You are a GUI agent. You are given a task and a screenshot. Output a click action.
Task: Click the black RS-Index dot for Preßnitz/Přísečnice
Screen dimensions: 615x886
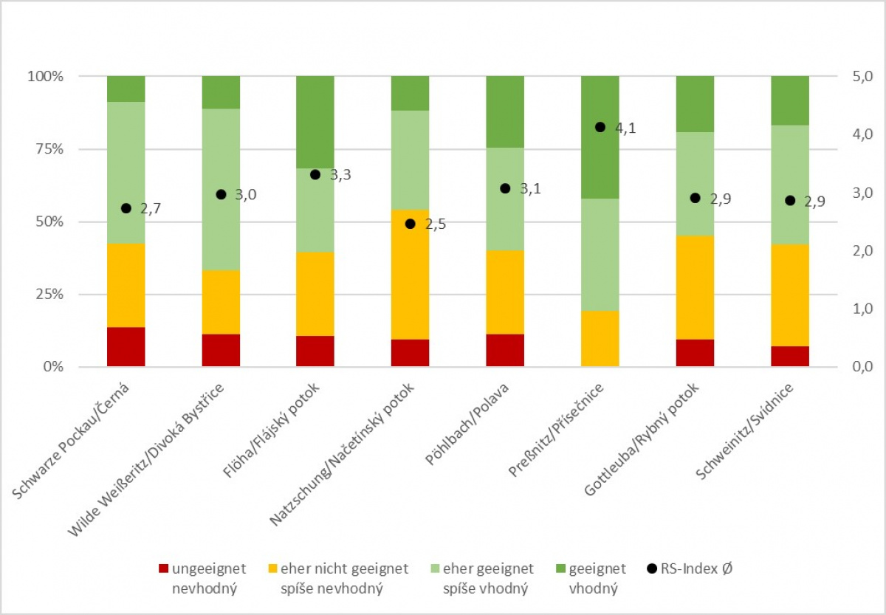(600, 127)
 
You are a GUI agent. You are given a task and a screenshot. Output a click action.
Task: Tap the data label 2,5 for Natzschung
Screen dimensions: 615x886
(436, 224)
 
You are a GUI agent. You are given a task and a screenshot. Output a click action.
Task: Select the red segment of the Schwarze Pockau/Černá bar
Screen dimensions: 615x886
(126, 346)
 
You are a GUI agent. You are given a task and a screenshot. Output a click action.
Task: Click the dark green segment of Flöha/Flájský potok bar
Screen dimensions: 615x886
(315, 122)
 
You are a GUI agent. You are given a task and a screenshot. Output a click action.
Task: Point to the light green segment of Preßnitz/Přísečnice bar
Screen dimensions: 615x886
(600, 254)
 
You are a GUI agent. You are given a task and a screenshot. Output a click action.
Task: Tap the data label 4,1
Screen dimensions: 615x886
(626, 127)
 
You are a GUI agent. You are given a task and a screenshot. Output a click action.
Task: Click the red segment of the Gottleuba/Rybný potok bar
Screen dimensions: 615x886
(695, 353)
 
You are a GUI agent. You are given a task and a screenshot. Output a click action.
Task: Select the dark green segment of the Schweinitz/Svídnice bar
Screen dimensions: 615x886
(790, 100)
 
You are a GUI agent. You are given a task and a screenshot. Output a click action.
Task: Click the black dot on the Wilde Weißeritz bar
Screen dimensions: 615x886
(220, 194)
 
